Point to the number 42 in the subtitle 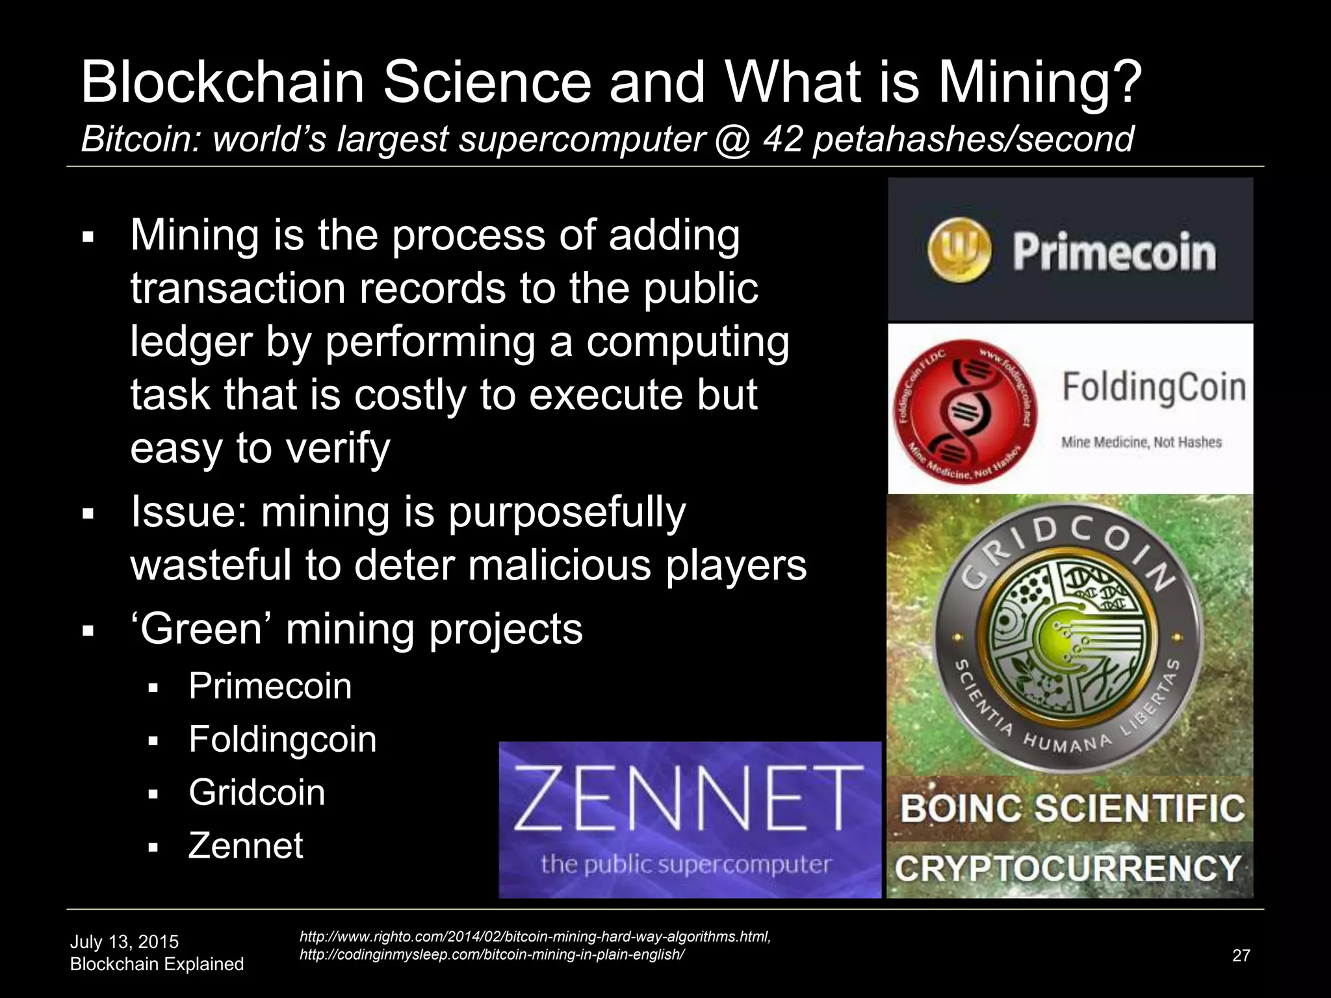point(782,139)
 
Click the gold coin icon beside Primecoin point(959,251)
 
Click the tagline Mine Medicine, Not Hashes point(1141,442)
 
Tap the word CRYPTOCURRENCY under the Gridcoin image point(1068,869)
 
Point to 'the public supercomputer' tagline point(686,864)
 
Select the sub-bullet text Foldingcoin point(282,739)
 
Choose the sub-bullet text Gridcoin point(257,793)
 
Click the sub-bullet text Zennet point(246,846)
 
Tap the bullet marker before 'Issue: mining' point(89,515)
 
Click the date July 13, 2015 point(124,941)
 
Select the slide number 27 point(1241,955)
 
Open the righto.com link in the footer point(534,936)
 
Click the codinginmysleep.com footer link point(491,954)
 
